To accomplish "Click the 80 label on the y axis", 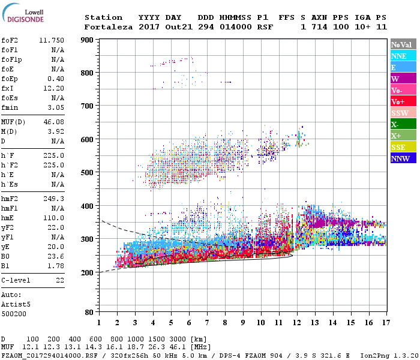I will point(88,312).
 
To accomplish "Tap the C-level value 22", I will point(60,280).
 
